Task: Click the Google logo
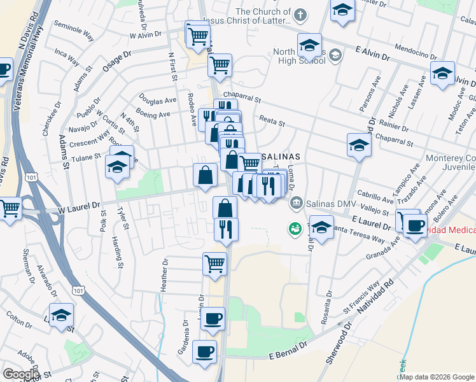[x=21, y=374]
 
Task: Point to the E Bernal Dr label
[x=288, y=349]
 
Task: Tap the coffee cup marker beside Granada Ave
[x=415, y=225]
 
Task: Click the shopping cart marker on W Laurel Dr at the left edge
[x=10, y=208]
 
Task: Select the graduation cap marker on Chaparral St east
[x=359, y=145]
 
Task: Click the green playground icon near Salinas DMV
[x=295, y=227]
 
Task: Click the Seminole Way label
[x=73, y=35]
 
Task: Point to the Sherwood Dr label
[x=339, y=344]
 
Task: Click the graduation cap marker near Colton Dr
[x=62, y=315]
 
